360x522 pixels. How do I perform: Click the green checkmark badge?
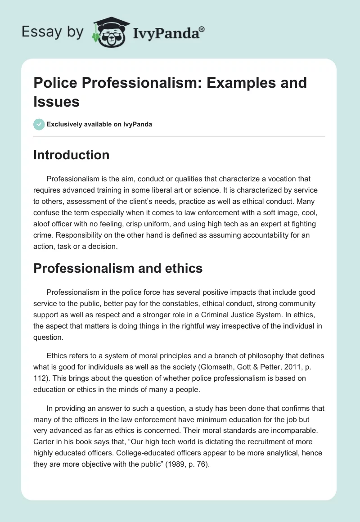(x=39, y=124)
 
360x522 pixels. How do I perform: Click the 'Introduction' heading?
(x=72, y=155)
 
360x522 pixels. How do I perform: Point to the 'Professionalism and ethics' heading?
(x=118, y=269)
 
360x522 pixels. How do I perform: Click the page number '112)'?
(x=42, y=366)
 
